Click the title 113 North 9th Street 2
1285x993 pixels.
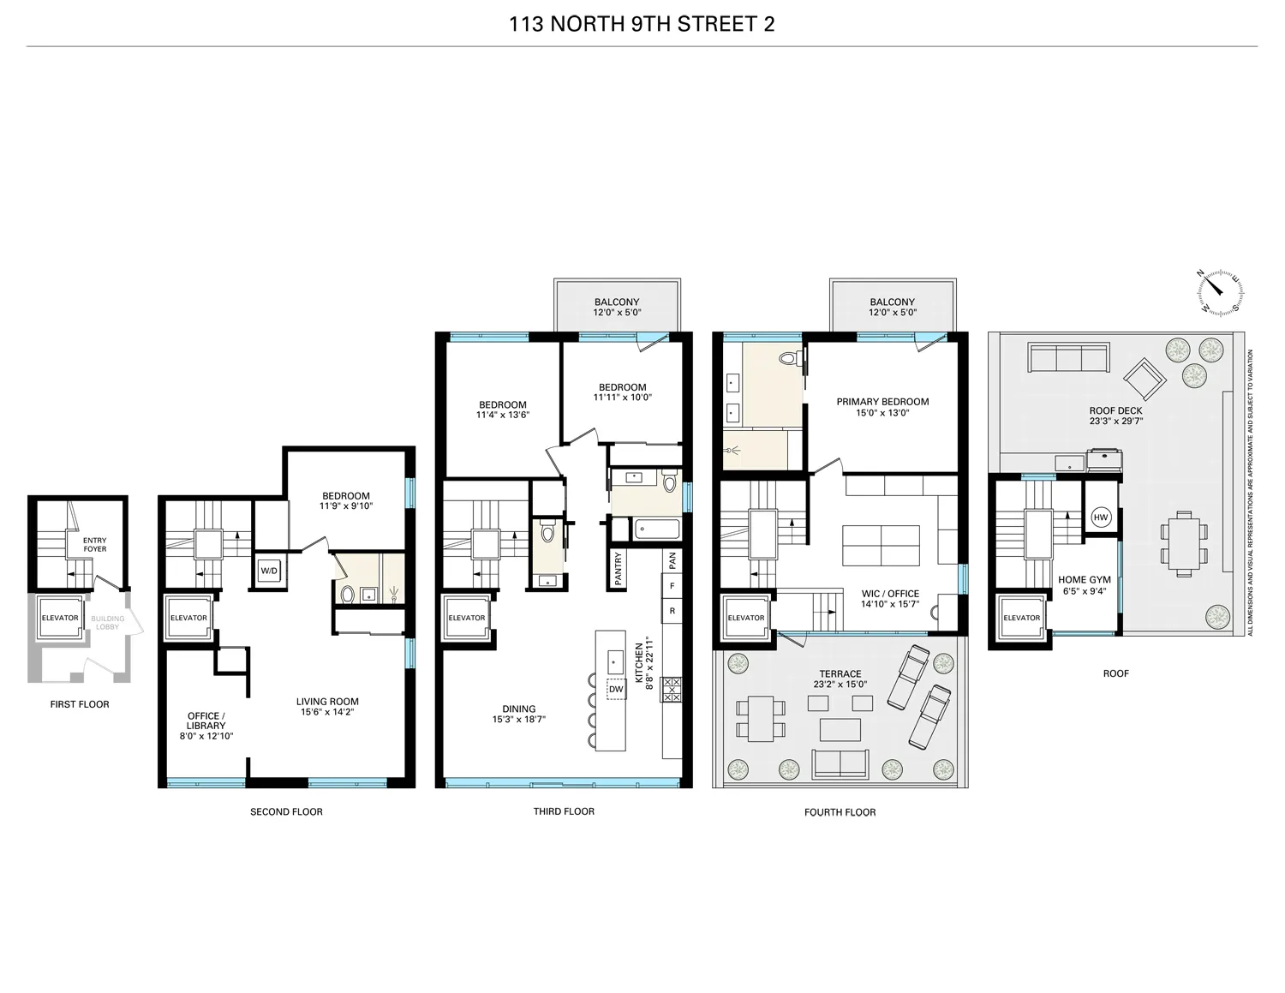pyautogui.click(x=642, y=24)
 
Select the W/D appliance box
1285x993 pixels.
pyautogui.click(x=269, y=571)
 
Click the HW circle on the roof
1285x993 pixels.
pyautogui.click(x=1101, y=517)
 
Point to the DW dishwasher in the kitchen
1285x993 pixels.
pyautogui.click(x=616, y=689)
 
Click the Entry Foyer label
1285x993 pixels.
pyautogui.click(x=95, y=544)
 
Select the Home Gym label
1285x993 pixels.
pyautogui.click(x=1084, y=580)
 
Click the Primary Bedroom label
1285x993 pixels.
pyautogui.click(x=882, y=401)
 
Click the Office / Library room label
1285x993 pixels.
pyautogui.click(x=206, y=721)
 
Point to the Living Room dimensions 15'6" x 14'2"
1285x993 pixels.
pyautogui.click(x=329, y=712)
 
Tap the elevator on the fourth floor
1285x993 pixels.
pyautogui.click(x=745, y=618)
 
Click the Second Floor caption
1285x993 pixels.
pyautogui.click(x=286, y=811)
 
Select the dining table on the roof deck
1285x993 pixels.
pyautogui.click(x=1185, y=543)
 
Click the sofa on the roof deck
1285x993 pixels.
pyautogui.click(x=1068, y=357)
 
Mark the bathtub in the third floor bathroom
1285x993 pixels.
pyautogui.click(x=656, y=529)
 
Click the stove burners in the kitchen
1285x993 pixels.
pyautogui.click(x=672, y=689)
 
